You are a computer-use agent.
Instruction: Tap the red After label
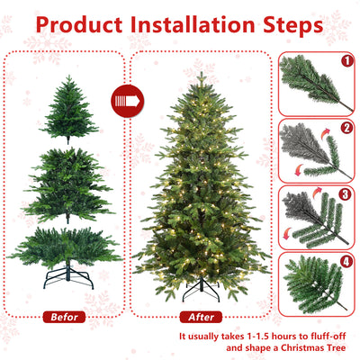201,317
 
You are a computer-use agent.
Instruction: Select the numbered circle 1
347,62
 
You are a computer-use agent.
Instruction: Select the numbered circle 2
347,128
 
